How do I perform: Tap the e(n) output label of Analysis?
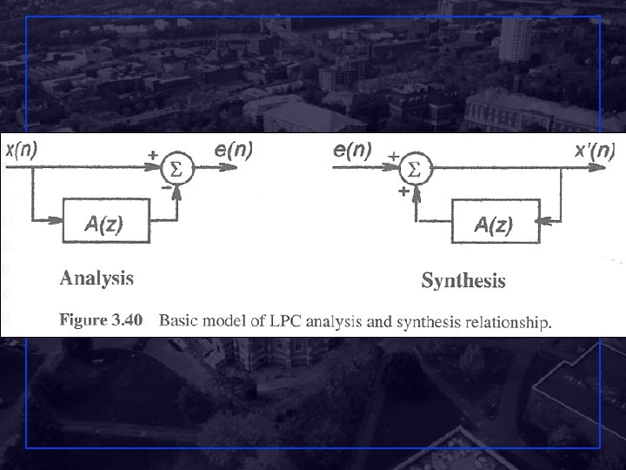click(x=233, y=150)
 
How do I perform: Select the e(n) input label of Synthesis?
click(x=354, y=150)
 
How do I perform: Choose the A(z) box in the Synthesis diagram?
click(x=494, y=225)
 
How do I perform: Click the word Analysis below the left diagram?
click(x=97, y=279)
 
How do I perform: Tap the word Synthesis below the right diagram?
click(x=463, y=281)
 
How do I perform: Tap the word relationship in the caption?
click(x=509, y=323)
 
